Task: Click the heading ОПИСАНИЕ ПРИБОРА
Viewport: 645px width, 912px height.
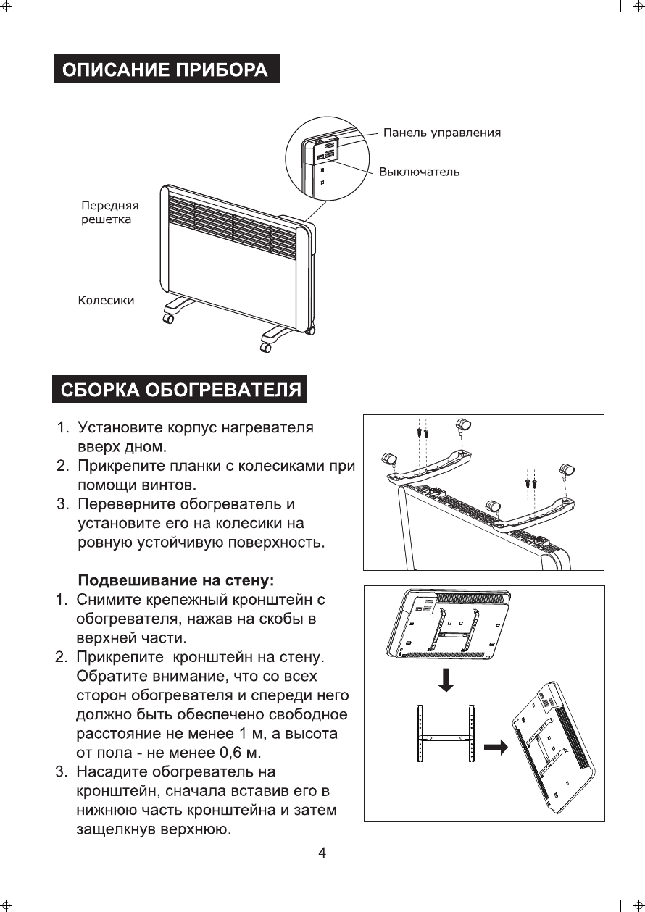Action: coord(166,70)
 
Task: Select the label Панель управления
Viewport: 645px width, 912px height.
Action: coord(441,133)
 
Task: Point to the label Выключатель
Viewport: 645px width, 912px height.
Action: coord(420,172)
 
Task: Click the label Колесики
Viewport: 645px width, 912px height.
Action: coord(106,300)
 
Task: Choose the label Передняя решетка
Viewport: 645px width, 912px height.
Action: coord(109,212)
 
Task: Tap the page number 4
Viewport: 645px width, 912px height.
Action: coord(322,853)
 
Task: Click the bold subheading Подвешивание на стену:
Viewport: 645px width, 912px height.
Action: coord(176,581)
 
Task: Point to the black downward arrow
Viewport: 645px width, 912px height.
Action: coord(447,680)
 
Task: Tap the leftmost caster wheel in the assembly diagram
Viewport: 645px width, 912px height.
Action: coord(389,458)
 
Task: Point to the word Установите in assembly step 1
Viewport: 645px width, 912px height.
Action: coord(121,427)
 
